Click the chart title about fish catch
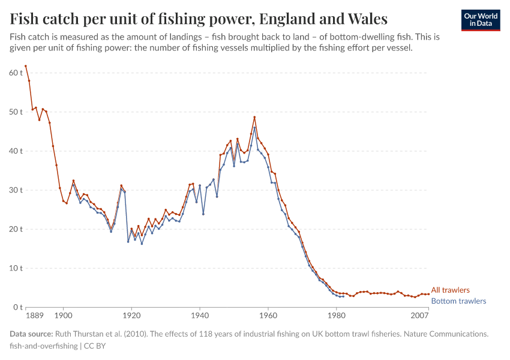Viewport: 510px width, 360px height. (x=199, y=19)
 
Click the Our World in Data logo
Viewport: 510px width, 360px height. (x=481, y=20)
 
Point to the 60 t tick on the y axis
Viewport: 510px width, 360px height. (x=16, y=73)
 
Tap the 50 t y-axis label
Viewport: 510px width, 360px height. (x=16, y=112)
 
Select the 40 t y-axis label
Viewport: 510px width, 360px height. (x=16, y=151)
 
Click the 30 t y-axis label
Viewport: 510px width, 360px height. (x=16, y=190)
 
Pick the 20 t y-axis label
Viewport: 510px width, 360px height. (x=16, y=229)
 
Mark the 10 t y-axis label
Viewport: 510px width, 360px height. (x=16, y=268)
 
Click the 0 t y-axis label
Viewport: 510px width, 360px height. (x=17, y=307)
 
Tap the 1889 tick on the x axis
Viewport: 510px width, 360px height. (x=34, y=315)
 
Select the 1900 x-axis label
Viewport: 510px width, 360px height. (x=63, y=315)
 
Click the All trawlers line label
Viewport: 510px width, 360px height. (x=450, y=290)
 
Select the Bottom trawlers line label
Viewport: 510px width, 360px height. (x=458, y=301)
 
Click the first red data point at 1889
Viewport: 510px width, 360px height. (x=26, y=66)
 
